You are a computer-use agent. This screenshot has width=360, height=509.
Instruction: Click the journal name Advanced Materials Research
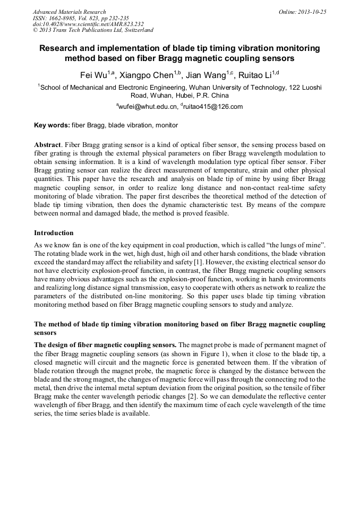coord(69,12)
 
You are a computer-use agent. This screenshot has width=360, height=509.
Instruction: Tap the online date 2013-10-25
coord(310,12)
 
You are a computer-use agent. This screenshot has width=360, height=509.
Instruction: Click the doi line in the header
coord(88,24)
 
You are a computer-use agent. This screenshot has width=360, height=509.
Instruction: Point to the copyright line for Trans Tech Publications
coord(93,31)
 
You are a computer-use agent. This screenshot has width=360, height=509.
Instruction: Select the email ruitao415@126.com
coord(212,107)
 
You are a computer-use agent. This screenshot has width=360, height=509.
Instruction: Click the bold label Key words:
coord(52,125)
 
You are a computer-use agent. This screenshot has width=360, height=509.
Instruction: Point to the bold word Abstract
coord(48,145)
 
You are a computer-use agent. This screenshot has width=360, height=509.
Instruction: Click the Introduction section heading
coord(54,232)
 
